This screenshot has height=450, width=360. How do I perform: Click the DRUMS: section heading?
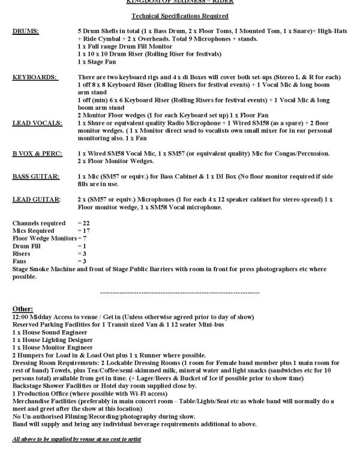click(26, 30)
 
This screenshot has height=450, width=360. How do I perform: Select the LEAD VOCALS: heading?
click(36, 122)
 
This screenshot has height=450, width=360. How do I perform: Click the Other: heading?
click(23, 308)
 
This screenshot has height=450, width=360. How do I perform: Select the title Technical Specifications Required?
click(179, 15)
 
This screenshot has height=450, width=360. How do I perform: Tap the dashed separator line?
click(179, 293)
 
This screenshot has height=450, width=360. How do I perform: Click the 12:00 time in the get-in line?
click(21, 316)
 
